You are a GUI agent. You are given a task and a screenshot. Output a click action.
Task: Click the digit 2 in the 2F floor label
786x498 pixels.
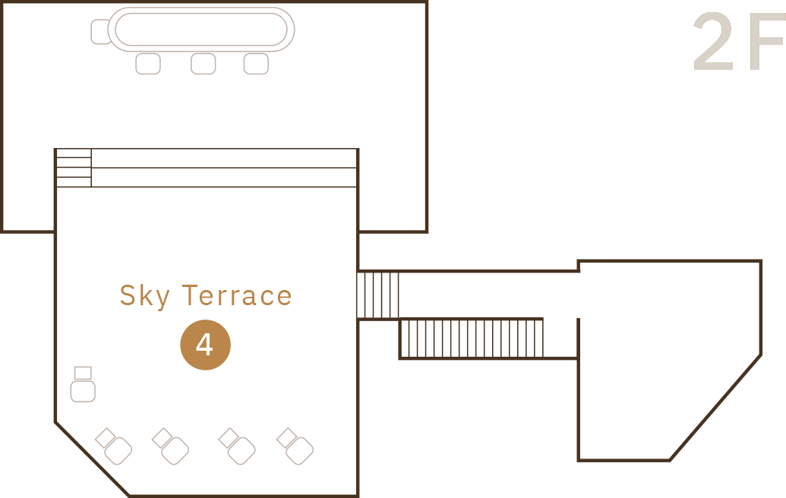712,44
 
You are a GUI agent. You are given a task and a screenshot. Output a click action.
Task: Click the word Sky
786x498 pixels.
144,296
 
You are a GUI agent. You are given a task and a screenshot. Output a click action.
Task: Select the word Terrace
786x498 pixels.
238,295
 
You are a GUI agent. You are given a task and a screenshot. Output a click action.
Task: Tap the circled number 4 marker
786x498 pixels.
205,345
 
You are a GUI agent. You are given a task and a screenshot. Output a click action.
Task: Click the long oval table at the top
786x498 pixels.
201,30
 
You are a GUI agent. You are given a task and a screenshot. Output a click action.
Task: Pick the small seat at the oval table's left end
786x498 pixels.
99,32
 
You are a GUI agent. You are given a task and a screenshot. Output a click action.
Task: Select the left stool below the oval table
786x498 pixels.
148,63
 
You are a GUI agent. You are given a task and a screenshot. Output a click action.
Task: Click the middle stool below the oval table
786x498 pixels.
203,63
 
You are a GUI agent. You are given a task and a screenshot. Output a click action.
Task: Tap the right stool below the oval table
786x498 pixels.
256,63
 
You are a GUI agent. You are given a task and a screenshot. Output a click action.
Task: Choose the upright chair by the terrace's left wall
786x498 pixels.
83,390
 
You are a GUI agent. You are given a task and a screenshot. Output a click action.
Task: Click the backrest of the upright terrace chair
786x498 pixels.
83,373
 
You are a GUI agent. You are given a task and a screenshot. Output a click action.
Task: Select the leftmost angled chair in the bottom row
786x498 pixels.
115,447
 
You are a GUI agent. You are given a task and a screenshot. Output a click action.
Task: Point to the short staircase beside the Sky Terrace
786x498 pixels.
378,295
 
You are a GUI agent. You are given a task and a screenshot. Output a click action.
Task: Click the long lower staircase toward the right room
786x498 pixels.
471,338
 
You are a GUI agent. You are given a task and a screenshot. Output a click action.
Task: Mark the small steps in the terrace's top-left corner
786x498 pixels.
74,168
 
